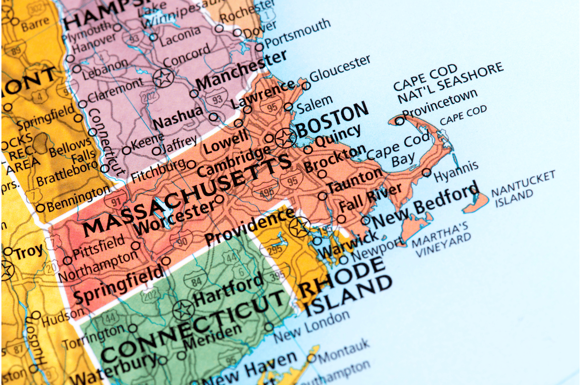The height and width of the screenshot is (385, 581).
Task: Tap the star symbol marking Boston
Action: coord(285,137)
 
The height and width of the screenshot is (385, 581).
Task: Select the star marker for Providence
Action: coord(299,227)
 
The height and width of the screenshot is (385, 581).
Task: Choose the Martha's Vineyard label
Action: coord(441,239)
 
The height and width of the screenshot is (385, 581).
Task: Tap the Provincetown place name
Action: coord(440,103)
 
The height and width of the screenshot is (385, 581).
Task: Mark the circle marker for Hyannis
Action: coord(426,172)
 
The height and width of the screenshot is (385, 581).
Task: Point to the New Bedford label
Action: coord(425,205)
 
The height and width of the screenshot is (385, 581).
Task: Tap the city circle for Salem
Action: coord(288,107)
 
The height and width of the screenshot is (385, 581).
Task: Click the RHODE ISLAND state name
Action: coord(344,286)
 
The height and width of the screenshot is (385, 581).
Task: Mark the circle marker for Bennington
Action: coord(41,208)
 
